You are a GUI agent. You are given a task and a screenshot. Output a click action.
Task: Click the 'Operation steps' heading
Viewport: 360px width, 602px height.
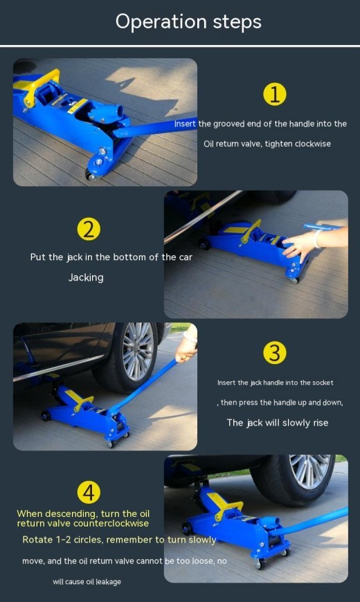tap(188, 21)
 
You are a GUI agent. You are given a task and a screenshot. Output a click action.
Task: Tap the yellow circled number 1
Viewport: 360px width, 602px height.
tap(275, 94)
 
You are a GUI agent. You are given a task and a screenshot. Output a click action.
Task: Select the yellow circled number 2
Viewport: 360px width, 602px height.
tap(88, 229)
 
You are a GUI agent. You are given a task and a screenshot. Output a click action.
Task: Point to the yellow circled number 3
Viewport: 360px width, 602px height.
tap(275, 353)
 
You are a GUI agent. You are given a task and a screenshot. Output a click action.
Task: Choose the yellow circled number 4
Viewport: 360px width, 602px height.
tap(88, 492)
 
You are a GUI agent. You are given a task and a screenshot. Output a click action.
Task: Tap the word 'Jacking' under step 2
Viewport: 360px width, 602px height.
tap(86, 277)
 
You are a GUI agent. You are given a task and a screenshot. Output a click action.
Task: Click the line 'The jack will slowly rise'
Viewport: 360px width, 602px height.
tap(277, 423)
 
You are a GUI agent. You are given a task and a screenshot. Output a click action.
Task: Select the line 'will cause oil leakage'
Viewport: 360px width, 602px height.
tap(87, 582)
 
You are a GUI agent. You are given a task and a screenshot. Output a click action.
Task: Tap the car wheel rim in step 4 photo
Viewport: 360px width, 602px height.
tap(310, 472)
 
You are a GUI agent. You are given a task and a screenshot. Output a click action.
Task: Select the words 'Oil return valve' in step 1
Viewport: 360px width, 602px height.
tap(233, 144)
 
